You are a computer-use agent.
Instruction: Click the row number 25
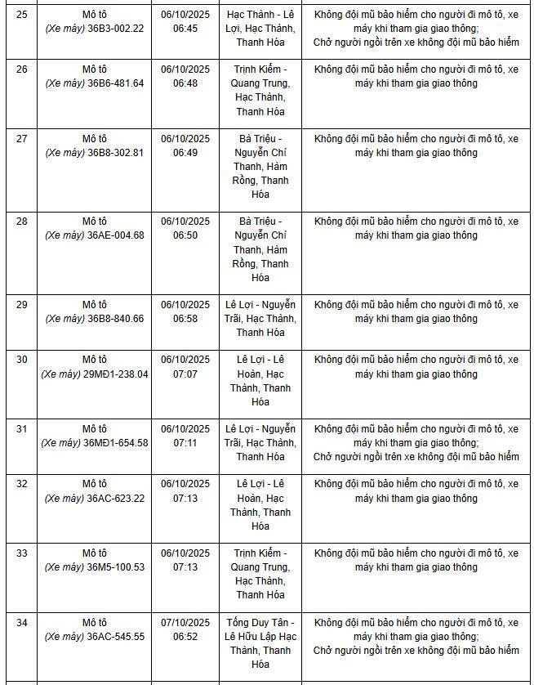pos(22,14)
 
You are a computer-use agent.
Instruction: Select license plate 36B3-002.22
pos(116,28)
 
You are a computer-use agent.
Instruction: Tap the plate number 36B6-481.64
pos(116,83)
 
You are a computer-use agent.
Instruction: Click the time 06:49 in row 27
pos(185,153)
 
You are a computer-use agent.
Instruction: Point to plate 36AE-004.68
pos(116,235)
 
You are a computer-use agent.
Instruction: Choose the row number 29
pos(22,305)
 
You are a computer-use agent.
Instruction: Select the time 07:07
pos(185,374)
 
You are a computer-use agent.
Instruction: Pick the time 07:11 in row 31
pos(185,443)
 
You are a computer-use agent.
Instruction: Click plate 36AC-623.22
pos(116,499)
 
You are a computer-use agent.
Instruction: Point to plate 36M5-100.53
pos(116,567)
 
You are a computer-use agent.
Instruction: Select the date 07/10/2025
pos(185,623)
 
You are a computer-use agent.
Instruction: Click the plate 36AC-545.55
pos(116,637)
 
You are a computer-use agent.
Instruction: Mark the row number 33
pos(22,553)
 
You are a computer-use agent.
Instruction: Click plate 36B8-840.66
pos(116,319)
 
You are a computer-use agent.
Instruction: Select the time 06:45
pos(185,28)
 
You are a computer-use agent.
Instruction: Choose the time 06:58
pos(185,319)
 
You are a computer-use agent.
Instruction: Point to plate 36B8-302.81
pos(116,153)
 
